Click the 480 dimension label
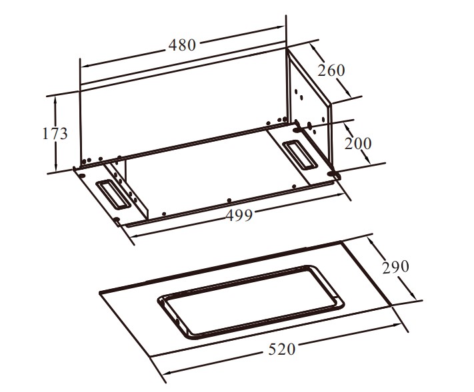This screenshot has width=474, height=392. [x=182, y=45]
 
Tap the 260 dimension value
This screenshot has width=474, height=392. [x=331, y=70]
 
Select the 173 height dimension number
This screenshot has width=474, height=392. [x=55, y=133]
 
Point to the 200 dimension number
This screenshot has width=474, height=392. [x=358, y=143]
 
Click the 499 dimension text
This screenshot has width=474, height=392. [x=239, y=215]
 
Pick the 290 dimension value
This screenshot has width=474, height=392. [x=395, y=267]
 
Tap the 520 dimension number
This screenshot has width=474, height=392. [x=282, y=349]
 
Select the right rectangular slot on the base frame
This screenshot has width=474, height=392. [x=300, y=155]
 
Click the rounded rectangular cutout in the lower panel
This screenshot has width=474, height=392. [x=250, y=302]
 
